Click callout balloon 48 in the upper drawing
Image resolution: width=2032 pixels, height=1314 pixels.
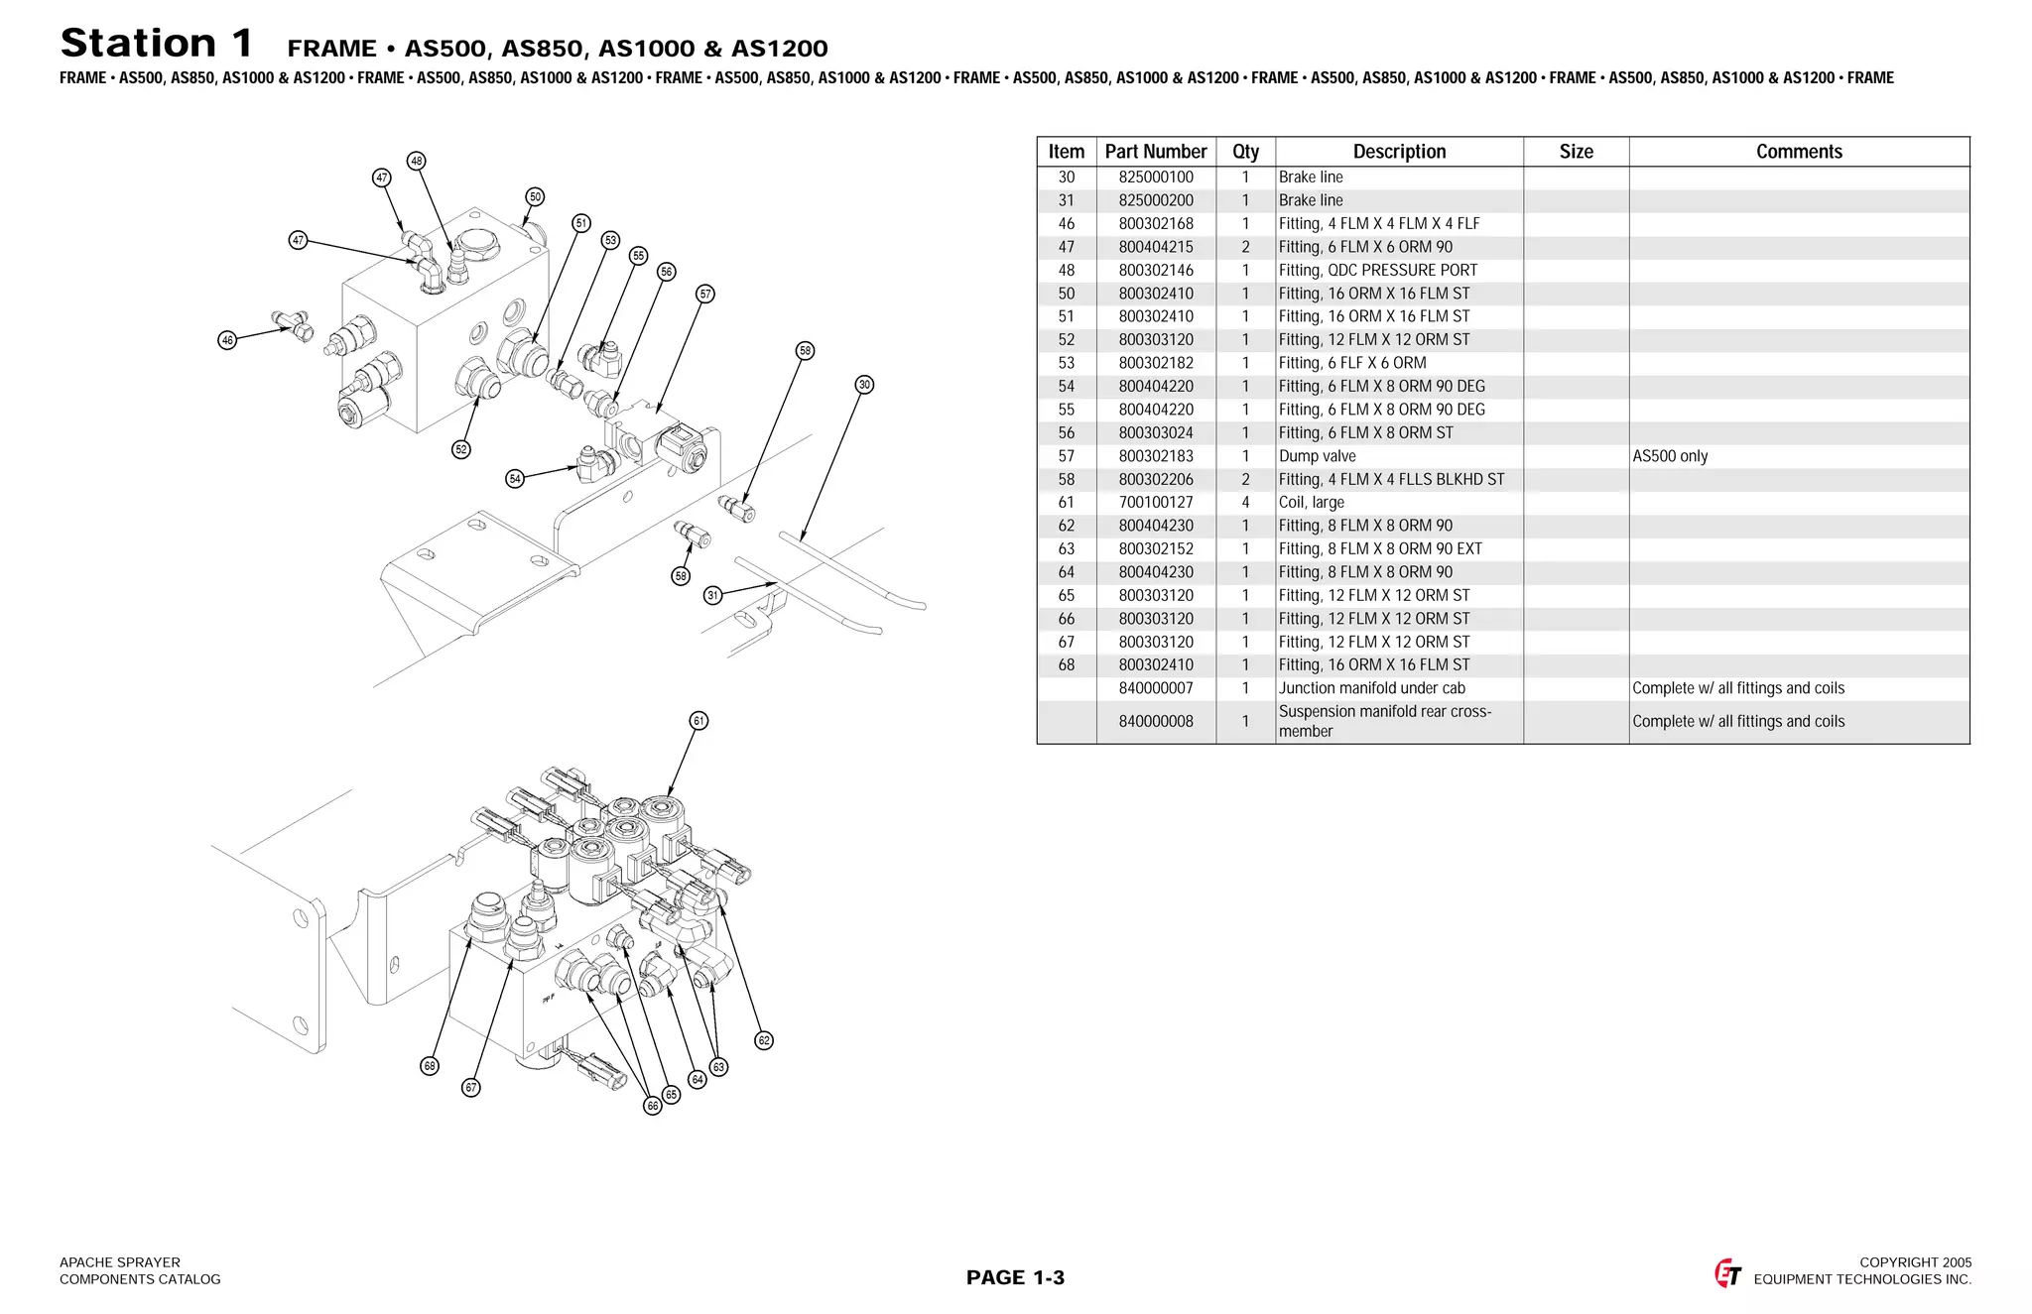(x=417, y=161)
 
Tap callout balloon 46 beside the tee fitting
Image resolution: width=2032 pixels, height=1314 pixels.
(x=227, y=340)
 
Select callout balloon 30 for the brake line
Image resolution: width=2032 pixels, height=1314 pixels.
(x=864, y=385)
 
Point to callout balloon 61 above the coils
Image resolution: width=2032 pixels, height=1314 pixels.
(x=698, y=721)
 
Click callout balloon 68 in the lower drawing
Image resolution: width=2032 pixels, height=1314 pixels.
(x=430, y=1066)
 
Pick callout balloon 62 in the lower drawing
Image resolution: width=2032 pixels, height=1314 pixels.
(x=764, y=1040)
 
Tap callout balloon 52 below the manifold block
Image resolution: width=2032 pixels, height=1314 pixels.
(x=461, y=449)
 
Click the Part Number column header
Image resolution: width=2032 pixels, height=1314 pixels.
(x=1156, y=152)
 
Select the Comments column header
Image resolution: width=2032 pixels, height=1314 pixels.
(x=1798, y=152)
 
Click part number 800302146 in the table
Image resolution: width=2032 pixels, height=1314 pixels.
(x=1156, y=270)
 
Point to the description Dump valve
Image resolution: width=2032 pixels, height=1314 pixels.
(x=1317, y=456)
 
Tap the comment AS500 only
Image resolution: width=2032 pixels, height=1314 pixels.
(x=1670, y=456)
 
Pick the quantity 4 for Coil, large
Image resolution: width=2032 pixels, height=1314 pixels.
(x=1245, y=503)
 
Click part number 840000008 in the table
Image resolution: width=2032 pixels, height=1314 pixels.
(x=1156, y=721)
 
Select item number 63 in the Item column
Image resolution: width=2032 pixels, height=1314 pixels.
(x=1066, y=548)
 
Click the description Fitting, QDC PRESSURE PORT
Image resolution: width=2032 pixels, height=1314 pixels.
(x=1377, y=270)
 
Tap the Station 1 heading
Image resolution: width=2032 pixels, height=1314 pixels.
(x=157, y=44)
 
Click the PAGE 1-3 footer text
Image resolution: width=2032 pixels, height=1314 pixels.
(x=1015, y=1277)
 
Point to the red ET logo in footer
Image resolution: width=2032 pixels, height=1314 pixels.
(x=1727, y=1273)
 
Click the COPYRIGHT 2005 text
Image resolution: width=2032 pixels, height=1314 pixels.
(x=1915, y=1262)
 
